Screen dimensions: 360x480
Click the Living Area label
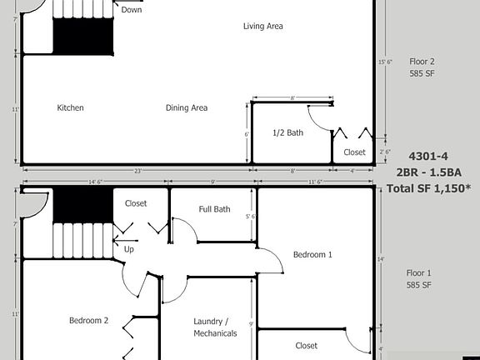[263, 26]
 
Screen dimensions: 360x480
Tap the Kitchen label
[70, 107]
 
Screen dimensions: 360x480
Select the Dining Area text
[187, 107]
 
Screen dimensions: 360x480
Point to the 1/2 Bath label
[288, 132]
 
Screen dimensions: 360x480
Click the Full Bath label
[214, 209]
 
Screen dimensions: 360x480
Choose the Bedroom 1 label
[312, 254]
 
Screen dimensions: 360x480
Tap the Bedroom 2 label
[88, 320]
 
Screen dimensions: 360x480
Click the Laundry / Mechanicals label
[215, 327]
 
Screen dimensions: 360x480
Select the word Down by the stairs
[132, 10]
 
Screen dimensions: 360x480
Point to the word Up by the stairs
[129, 249]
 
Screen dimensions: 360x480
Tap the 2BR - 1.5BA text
[427, 172]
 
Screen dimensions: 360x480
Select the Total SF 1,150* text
[428, 188]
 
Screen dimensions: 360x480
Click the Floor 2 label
[422, 61]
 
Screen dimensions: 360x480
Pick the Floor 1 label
[418, 272]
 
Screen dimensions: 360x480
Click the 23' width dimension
[137, 171]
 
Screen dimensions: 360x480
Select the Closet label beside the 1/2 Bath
[354, 152]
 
